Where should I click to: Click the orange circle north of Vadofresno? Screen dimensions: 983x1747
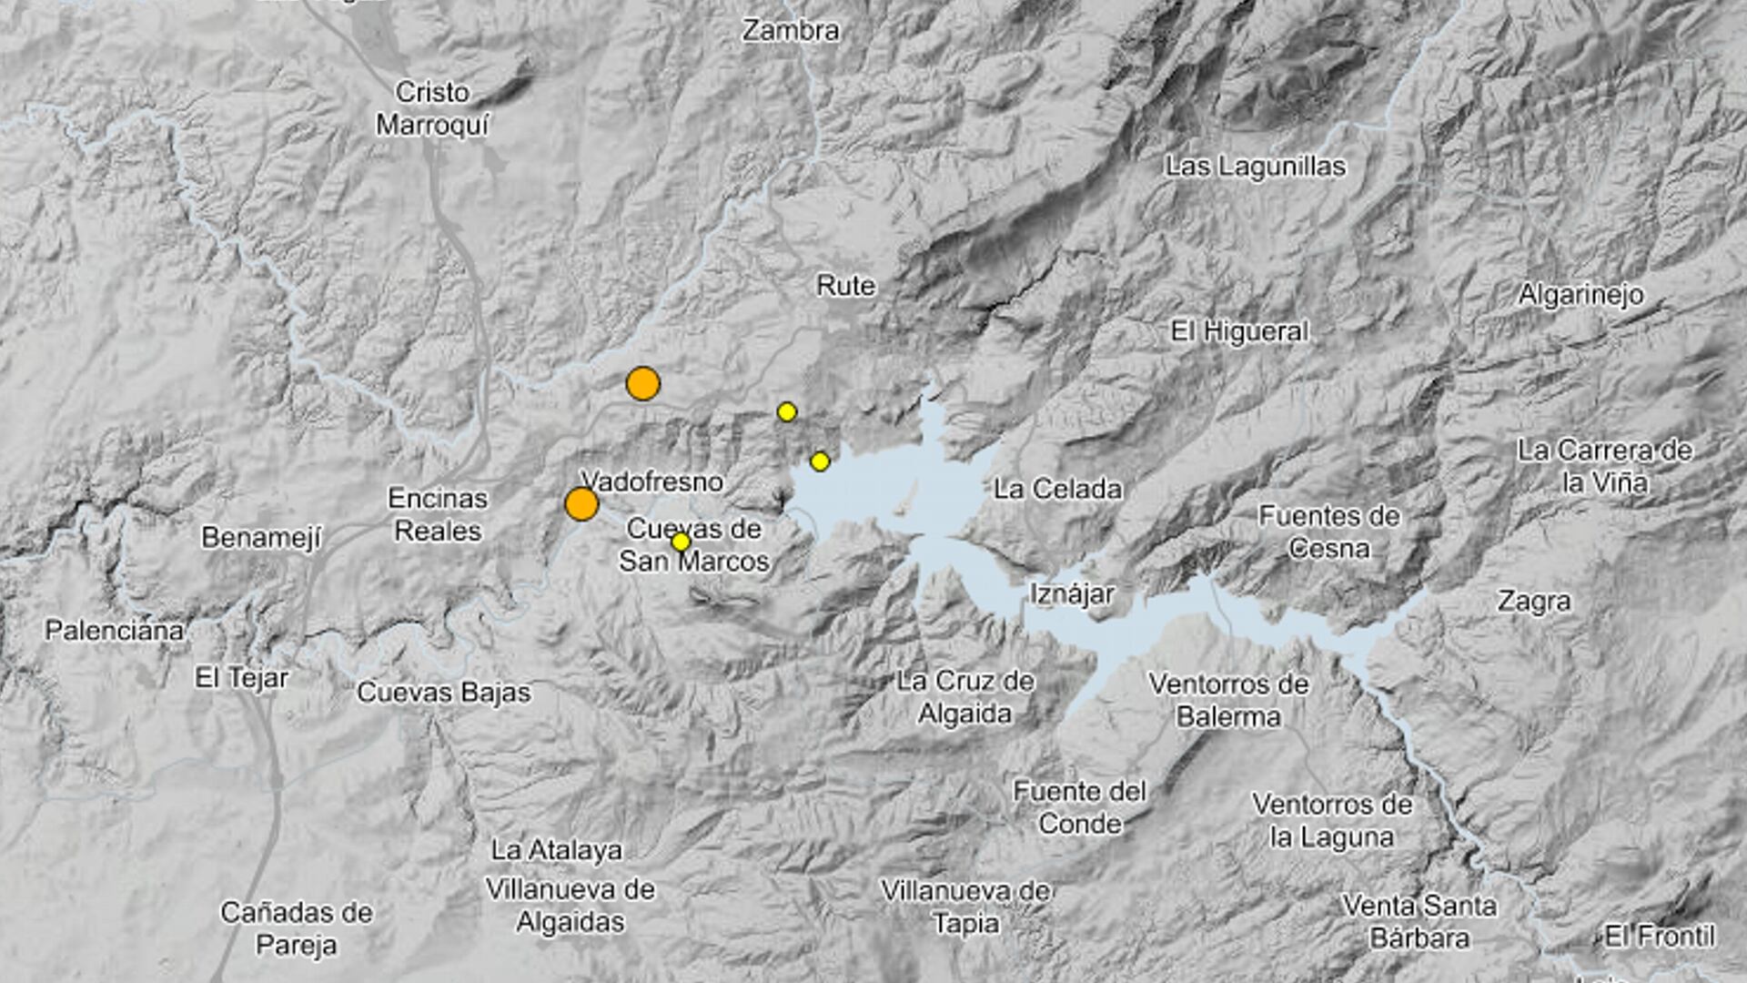(643, 384)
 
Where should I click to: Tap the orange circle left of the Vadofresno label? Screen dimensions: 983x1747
(581, 503)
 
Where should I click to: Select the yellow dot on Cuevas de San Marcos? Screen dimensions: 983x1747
(681, 542)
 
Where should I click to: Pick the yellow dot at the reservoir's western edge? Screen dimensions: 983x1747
(820, 461)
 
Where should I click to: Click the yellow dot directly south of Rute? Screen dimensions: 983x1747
(787, 412)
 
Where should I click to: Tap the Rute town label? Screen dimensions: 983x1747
(845, 286)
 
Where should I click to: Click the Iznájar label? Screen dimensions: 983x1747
(1072, 594)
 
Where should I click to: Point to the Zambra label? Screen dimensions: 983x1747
(790, 31)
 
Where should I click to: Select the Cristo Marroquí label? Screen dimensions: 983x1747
(432, 108)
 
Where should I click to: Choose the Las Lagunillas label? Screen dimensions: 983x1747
(1256, 167)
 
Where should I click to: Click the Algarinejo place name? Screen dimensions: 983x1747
(1580, 295)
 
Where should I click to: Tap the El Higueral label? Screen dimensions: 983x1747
(1239, 331)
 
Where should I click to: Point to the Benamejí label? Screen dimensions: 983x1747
(261, 538)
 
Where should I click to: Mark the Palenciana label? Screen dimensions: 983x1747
(115, 631)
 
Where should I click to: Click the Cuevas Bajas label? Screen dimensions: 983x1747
(443, 693)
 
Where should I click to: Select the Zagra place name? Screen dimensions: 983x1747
(1534, 602)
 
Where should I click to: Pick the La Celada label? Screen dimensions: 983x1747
(1057, 490)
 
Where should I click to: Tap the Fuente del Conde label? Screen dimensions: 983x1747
(1080, 807)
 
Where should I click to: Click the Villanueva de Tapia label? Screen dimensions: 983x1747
(965, 907)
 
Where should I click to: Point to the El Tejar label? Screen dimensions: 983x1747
(241, 678)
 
